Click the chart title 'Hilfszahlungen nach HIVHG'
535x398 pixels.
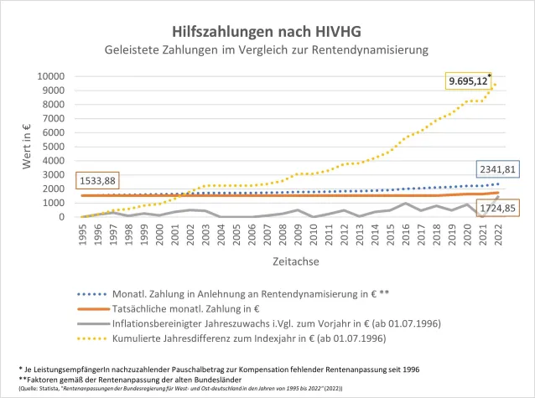click(x=267, y=30)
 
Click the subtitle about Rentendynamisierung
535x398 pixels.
click(x=267, y=50)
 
